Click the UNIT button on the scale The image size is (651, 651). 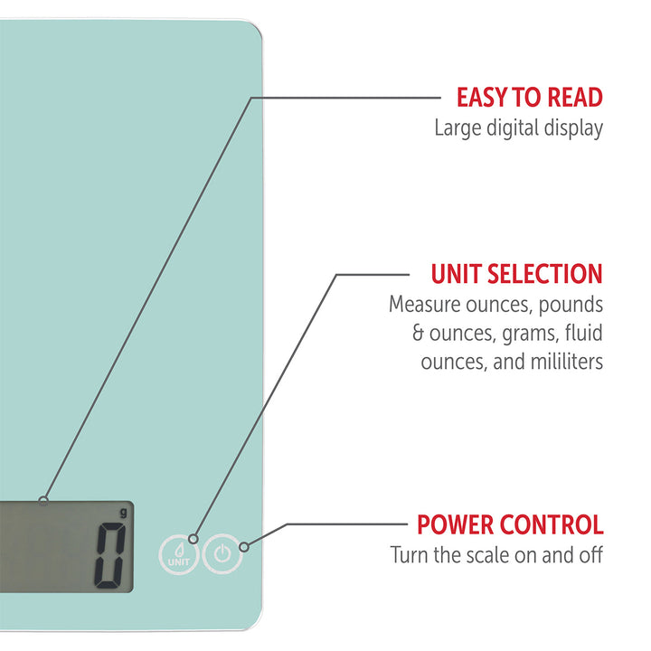tap(176, 553)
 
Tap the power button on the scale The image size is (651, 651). tap(222, 552)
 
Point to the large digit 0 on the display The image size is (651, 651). tap(110, 556)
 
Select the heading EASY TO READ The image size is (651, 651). tap(529, 98)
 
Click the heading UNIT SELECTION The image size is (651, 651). tap(516, 274)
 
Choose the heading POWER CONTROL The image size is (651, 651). tap(509, 524)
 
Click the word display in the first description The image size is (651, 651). tap(572, 127)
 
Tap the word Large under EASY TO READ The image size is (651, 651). tap(458, 127)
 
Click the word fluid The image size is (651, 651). tap(582, 333)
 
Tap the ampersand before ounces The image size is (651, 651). tap(419, 333)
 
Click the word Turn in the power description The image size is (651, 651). tap(409, 554)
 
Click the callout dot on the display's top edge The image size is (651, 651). tap(43, 500)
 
